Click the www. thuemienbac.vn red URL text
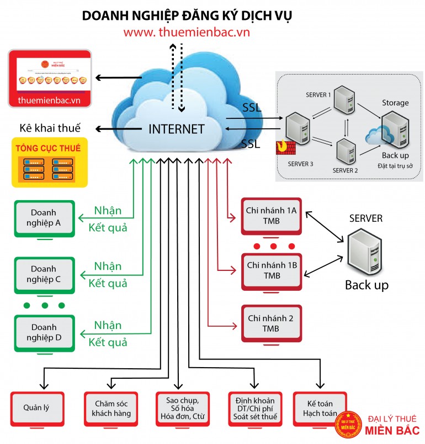[187, 32]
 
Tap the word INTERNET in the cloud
[177, 129]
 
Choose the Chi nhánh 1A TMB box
[272, 216]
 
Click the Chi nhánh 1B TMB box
[272, 270]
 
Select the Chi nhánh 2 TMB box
[272, 323]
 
